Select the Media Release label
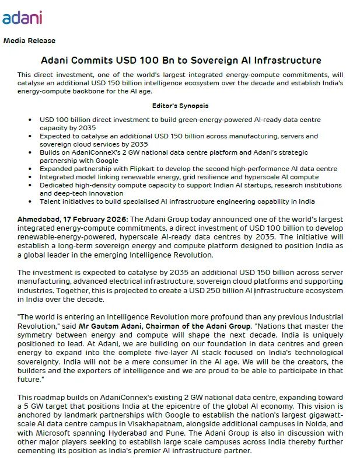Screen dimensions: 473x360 coord(29,40)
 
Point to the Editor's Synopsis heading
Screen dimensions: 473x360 coord(180,106)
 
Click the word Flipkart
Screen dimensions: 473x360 coord(133,168)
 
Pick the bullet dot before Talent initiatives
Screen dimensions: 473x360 coord(30,201)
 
